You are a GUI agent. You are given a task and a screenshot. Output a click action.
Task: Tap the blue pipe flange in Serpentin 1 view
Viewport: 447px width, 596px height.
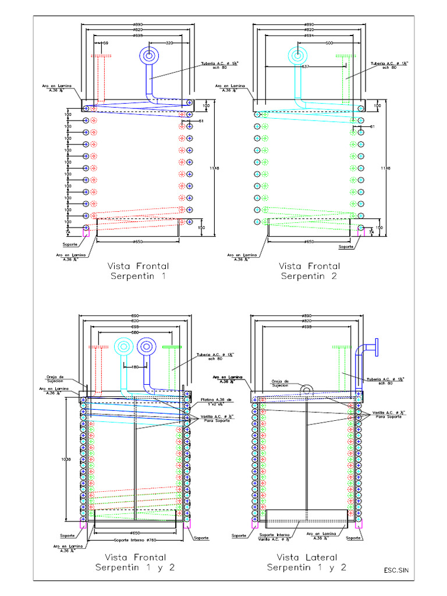point(149,56)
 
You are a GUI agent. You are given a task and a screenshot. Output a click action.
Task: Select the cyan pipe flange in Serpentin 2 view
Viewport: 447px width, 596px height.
point(297,56)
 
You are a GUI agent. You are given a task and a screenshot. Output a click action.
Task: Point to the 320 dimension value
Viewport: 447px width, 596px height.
point(169,43)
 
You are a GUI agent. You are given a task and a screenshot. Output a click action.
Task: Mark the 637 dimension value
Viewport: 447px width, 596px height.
point(306,66)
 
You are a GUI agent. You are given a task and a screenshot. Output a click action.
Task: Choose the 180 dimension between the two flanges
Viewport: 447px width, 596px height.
point(135,367)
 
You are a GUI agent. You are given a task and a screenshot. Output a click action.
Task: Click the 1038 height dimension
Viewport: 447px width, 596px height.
point(70,459)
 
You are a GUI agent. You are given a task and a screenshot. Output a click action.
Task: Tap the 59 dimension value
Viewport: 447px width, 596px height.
point(105,43)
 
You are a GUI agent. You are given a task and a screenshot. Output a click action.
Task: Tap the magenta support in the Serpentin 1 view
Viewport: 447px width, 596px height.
point(86,232)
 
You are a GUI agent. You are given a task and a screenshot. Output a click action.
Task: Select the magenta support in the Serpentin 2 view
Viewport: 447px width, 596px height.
point(360,232)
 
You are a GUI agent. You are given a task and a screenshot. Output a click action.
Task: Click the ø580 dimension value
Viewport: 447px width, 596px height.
point(135,333)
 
